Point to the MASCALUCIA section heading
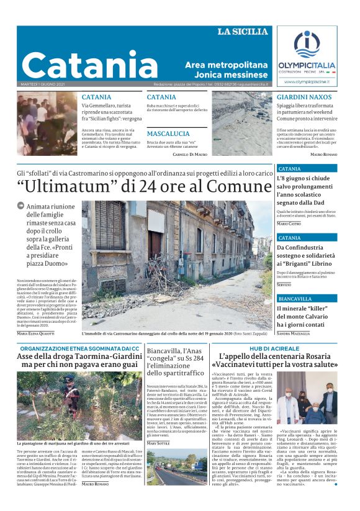point(168,133)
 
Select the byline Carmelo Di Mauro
point(189,153)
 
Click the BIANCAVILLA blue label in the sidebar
point(295,299)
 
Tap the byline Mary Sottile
point(159,461)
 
